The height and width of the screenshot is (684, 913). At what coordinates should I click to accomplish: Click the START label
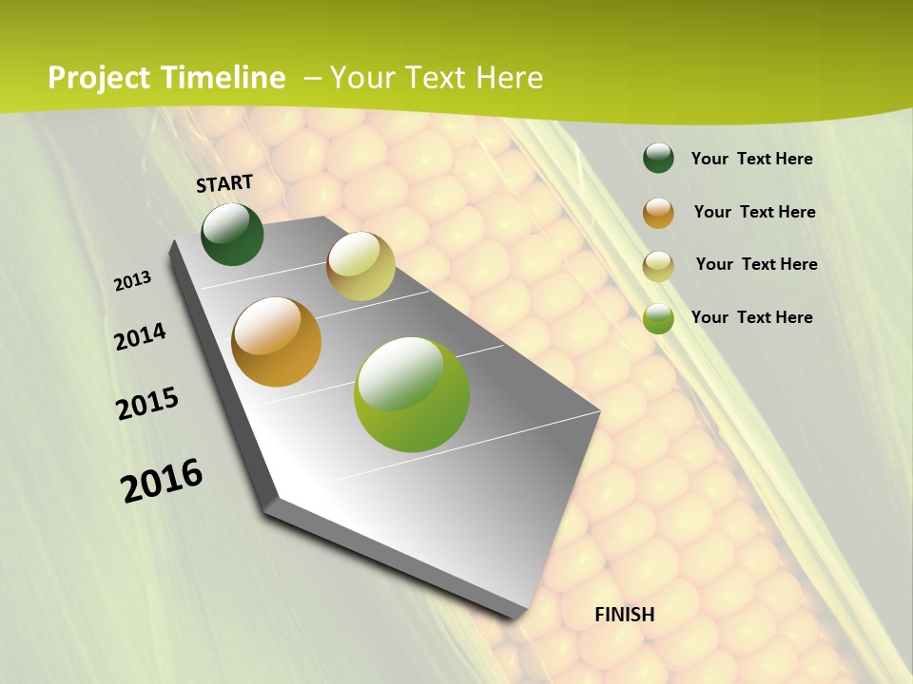click(x=224, y=183)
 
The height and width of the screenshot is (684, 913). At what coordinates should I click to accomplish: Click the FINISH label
click(x=625, y=615)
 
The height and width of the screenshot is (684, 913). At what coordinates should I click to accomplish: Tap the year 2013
click(x=133, y=281)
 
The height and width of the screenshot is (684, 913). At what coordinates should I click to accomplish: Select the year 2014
click(x=141, y=336)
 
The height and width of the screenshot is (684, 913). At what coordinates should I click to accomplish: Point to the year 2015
click(x=147, y=404)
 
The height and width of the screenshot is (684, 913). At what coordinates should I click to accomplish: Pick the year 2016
click(x=162, y=480)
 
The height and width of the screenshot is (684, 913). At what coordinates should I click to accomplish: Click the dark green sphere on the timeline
click(x=232, y=234)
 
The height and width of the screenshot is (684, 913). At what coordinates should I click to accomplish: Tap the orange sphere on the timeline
click(x=277, y=342)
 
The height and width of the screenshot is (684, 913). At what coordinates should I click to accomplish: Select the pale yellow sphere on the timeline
click(x=360, y=266)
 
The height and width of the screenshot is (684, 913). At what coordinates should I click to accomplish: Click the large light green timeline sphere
click(x=412, y=394)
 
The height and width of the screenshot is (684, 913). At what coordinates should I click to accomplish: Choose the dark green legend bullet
click(x=658, y=159)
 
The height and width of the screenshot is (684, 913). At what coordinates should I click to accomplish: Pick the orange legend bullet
click(x=658, y=213)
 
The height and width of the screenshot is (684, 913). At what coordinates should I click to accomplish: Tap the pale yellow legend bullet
click(x=658, y=266)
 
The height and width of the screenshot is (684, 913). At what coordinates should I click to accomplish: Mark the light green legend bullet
click(x=658, y=318)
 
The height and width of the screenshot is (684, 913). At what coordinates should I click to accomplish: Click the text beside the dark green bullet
click(x=751, y=159)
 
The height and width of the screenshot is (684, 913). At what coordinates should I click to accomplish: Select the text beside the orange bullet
click(x=754, y=212)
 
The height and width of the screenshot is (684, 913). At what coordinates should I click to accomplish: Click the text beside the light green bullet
click(x=751, y=317)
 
